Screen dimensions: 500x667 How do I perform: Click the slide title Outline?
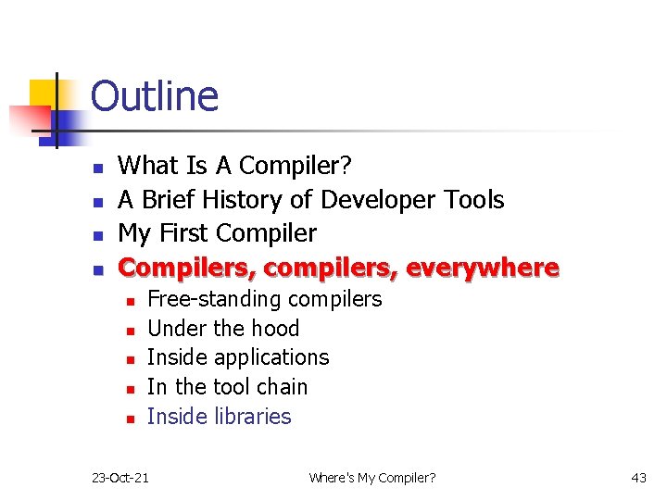tap(155, 97)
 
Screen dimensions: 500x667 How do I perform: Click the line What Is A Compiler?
tap(235, 166)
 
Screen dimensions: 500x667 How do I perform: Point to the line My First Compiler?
tap(218, 233)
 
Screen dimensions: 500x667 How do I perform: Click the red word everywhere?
tap(483, 268)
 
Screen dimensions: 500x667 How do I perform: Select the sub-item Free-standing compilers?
tap(264, 299)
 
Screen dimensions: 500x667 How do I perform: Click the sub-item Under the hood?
tap(223, 329)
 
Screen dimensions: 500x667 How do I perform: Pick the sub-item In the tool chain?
tap(227, 387)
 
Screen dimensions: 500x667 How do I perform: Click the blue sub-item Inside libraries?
tap(219, 417)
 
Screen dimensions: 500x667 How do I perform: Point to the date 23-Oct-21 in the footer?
tap(120, 478)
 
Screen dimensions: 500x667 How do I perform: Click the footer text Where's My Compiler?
tap(372, 478)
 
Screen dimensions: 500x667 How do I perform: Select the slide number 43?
tap(638, 478)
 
